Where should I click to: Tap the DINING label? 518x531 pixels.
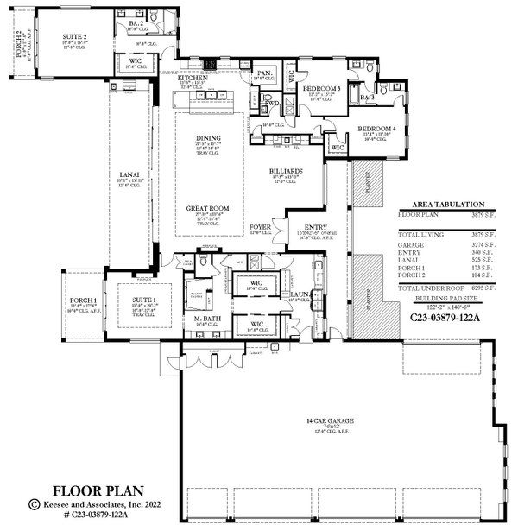tap(207, 138)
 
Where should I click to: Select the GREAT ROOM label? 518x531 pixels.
tap(207, 208)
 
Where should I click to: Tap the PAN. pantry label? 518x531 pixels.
tap(264, 74)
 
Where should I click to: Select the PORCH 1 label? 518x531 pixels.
tap(83, 300)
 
